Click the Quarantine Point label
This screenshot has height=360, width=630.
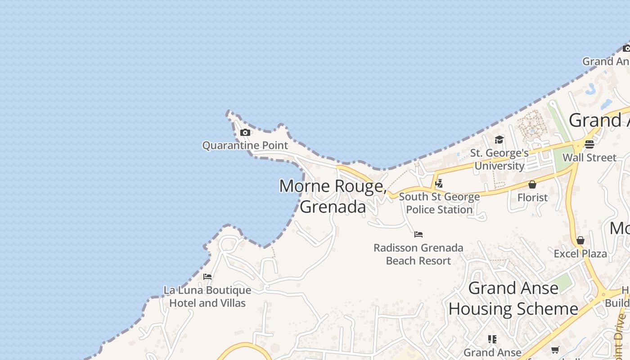[245, 145]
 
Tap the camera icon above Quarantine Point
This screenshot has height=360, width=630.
[245, 132]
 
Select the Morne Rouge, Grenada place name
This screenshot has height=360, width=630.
[333, 196]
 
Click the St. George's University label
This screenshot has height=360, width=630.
[499, 159]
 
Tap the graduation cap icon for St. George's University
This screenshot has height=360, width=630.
[499, 140]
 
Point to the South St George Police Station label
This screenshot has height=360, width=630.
[439, 203]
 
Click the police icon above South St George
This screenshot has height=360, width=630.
[439, 183]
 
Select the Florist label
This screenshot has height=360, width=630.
[532, 198]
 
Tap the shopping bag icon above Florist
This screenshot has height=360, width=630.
[532, 184]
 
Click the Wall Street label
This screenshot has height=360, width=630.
[589, 157]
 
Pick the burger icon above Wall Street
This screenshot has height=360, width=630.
[589, 144]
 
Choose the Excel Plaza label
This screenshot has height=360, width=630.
[580, 253]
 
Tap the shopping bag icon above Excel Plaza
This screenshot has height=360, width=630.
[580, 240]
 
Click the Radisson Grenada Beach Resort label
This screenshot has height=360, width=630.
[418, 254]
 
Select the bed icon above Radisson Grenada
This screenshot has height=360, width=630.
[418, 234]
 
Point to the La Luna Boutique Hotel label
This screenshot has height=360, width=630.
[207, 297]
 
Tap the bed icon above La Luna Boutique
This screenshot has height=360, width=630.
[207, 277]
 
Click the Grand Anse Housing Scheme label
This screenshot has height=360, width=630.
[513, 298]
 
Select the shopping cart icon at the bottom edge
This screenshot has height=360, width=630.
[555, 350]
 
